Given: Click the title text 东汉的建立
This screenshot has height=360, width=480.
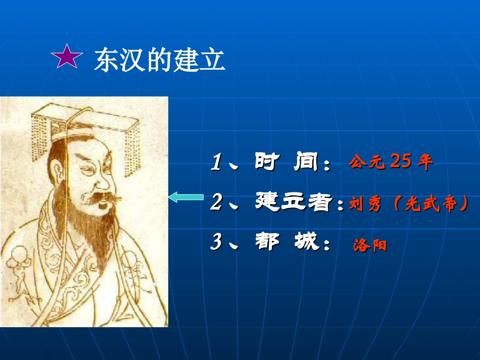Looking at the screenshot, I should coord(159,60).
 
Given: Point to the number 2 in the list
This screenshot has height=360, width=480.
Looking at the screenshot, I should coord(217,202).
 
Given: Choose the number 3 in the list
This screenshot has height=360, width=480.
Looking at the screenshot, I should coord(217,242).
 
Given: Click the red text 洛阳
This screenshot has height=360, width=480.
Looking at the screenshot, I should coord(370,246).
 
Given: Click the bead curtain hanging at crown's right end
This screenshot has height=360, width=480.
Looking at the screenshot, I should coord(134,139).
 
